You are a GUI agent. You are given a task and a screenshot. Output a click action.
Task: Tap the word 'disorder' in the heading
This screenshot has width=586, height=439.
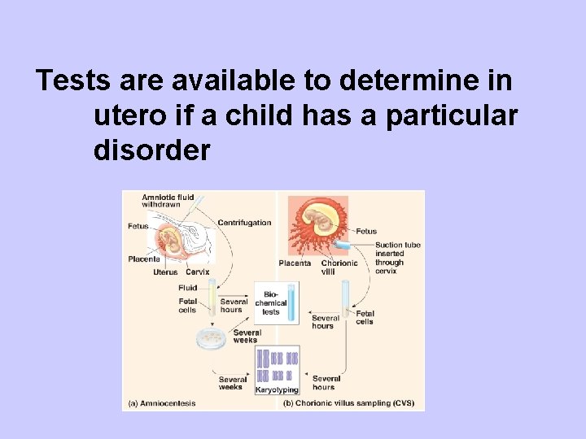coord(152,150)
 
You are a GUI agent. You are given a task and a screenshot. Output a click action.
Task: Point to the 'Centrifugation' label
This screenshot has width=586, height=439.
coord(244,223)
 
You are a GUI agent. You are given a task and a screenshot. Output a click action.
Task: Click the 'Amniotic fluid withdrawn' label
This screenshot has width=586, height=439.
coord(168,200)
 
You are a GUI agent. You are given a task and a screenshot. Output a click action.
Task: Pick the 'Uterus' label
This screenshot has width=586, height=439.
coord(165,272)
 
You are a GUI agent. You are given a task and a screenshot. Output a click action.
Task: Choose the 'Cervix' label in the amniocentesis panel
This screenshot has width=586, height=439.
coord(197,272)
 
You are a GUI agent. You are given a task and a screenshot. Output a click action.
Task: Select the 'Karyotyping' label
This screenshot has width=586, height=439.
coord(278,390)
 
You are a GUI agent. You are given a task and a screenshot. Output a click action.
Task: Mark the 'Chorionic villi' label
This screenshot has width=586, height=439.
coord(339,267)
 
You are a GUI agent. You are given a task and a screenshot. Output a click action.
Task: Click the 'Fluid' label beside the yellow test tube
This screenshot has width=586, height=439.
coord(188,288)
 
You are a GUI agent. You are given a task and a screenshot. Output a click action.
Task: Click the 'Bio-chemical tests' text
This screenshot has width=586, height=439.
coord(270,302)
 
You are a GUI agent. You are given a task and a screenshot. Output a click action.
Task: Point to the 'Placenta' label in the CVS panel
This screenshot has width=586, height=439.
coord(295,263)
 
